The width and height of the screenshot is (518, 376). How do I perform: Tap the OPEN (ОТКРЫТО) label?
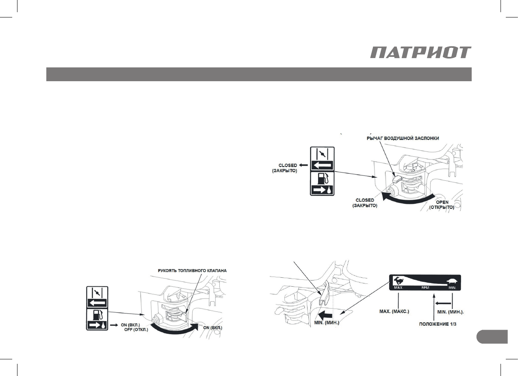442,205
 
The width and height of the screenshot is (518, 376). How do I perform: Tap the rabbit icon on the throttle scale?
398,280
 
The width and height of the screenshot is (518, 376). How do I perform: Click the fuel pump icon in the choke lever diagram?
321,177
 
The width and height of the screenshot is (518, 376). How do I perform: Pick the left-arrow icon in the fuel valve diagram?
96,303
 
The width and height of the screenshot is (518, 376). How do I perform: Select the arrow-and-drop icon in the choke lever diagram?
322,189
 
